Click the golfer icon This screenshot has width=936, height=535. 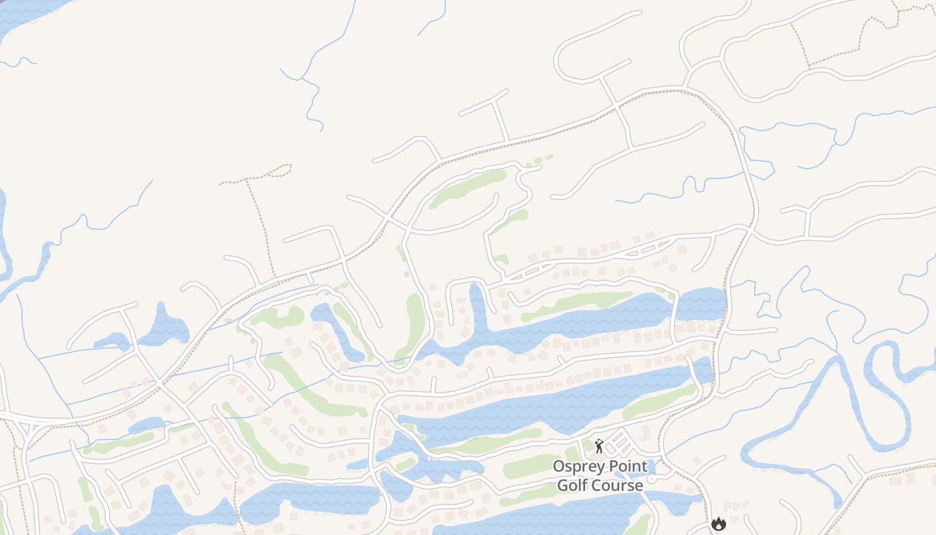tap(598, 446)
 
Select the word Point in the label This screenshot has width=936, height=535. tap(628, 466)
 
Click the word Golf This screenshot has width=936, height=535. tap(573, 485)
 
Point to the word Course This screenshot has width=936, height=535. tap(620, 485)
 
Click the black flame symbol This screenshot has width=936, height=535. tap(719, 524)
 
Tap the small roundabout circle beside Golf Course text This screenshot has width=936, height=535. tap(651, 479)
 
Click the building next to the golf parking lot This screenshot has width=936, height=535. tap(645, 431)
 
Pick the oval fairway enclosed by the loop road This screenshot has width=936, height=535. tap(468, 188)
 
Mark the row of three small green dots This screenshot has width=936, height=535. tap(539, 160)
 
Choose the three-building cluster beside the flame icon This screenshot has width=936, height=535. tap(735, 506)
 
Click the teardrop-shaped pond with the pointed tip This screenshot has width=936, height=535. tap(164, 324)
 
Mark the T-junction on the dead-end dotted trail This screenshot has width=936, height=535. tap(247, 180)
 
